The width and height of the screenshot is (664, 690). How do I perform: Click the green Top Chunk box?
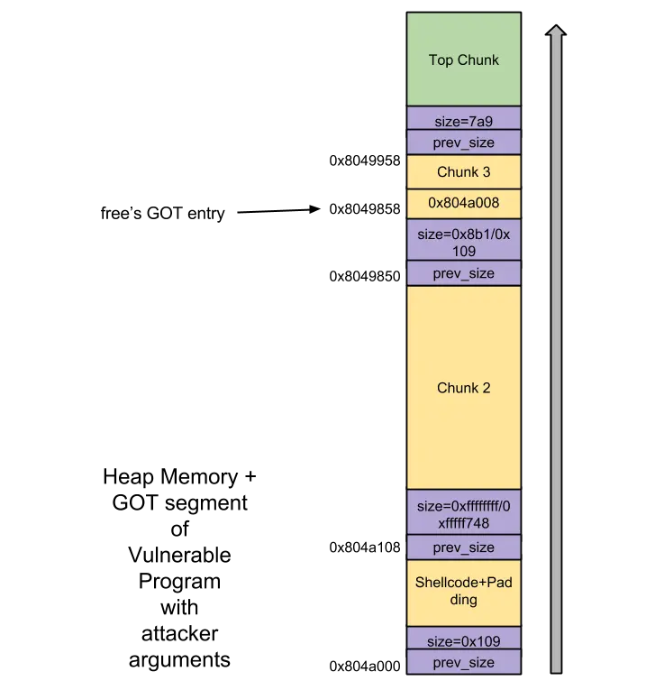(463, 60)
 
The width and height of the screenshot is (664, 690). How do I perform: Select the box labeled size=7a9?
(463, 118)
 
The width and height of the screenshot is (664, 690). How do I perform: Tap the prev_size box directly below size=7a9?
(463, 143)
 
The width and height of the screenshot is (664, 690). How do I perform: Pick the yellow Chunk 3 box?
(463, 171)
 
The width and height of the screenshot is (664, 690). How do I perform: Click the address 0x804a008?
(463, 203)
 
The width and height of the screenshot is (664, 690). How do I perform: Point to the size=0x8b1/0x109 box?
(463, 241)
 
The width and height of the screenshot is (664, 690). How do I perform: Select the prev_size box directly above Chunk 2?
(463, 273)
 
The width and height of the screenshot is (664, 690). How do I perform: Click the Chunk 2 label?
(463, 388)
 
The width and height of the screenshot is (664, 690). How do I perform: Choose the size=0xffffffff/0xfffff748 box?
(463, 511)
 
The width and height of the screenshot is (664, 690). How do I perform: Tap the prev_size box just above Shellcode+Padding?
(463, 547)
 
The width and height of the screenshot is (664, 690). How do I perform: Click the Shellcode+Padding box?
(463, 591)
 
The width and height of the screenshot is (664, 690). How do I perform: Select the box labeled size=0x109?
(463, 640)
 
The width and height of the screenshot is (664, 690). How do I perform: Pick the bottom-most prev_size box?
(463, 663)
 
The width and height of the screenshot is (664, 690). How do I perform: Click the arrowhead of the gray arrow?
(556, 32)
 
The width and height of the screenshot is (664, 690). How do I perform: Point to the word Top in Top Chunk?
(441, 60)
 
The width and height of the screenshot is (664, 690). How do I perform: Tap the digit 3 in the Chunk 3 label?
(487, 171)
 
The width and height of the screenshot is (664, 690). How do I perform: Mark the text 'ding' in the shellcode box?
(463, 600)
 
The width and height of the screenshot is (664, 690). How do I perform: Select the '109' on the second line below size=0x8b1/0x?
(463, 251)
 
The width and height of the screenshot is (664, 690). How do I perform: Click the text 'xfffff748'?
(463, 521)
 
